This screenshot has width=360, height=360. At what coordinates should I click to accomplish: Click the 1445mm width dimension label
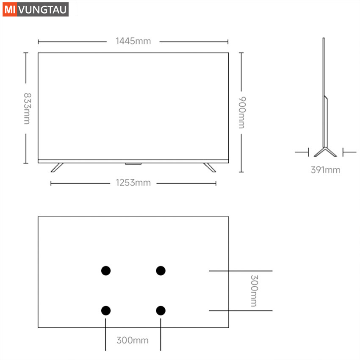click(x=133, y=41)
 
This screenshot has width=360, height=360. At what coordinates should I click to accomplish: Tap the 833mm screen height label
click(x=27, y=108)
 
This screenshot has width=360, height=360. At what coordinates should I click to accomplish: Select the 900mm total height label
click(x=242, y=113)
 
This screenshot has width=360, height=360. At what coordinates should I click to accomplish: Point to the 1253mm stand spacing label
click(x=133, y=183)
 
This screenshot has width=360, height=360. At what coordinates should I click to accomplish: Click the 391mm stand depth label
click(x=325, y=170)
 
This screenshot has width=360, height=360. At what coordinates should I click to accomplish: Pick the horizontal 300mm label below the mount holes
click(x=133, y=340)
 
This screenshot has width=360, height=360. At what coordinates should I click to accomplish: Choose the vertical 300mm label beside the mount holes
click(x=254, y=291)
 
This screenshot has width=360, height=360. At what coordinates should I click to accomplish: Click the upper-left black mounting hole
click(x=106, y=271)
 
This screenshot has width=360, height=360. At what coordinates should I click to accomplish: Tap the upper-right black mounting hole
click(x=161, y=271)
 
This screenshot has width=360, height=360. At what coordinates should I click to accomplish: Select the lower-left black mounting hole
click(x=106, y=310)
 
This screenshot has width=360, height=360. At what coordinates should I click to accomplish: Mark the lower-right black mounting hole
click(x=161, y=310)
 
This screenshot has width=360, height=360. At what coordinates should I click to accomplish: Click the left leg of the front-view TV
click(x=57, y=168)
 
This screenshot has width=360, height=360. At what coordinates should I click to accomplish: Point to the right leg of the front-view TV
click(x=210, y=168)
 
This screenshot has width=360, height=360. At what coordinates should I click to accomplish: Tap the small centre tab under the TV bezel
click(x=133, y=164)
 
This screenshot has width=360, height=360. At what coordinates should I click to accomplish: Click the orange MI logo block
click(x=10, y=9)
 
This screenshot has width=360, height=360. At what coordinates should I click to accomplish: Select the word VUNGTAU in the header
click(x=42, y=10)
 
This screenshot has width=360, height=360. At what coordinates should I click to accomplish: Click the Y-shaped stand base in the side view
click(x=325, y=152)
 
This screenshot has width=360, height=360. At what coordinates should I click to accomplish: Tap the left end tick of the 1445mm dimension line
click(x=39, y=42)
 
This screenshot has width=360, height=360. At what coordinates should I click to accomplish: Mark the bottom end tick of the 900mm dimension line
click(x=241, y=172)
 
